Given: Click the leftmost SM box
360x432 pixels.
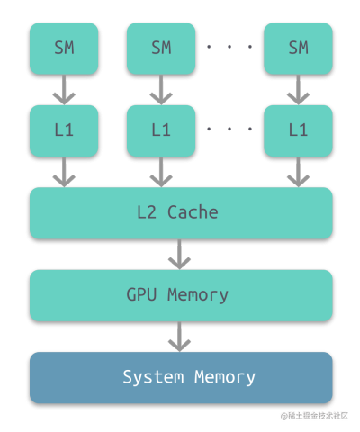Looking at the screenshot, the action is pos(64,49).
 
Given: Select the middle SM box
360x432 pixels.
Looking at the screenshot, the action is pos(161,49).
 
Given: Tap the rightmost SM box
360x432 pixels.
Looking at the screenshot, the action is pos(298,49).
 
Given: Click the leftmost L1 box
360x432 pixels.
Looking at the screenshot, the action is pos(64,130).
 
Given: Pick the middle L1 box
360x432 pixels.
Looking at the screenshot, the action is pos(161,130).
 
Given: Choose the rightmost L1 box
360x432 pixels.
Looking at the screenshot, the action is pos(298,130).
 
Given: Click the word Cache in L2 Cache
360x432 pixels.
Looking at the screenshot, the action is pos(193,212).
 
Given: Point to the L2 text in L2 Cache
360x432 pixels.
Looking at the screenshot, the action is pos(147,212).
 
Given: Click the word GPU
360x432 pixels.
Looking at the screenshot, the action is pos(141,294).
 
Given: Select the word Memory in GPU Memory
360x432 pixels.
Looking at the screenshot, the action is pos(198,295).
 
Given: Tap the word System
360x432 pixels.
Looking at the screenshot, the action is pos(153,377).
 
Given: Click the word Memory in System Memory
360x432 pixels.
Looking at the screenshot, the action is pos(225,378).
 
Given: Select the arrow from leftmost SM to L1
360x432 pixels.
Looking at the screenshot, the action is pos(64,90).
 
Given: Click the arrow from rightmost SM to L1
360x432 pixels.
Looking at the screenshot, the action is pos(298,90).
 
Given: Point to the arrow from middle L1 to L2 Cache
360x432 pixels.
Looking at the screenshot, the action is pos(161,172).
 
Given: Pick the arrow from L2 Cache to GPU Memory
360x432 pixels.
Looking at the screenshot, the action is pos(179,254).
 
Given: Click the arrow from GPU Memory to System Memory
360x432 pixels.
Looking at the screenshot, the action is pos(179,337).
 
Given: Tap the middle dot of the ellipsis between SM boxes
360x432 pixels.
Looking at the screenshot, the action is pos(229,47).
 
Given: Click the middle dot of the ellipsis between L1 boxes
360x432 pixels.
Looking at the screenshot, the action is pos(229,129).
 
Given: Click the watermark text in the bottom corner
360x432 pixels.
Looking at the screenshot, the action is pos(314,416).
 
